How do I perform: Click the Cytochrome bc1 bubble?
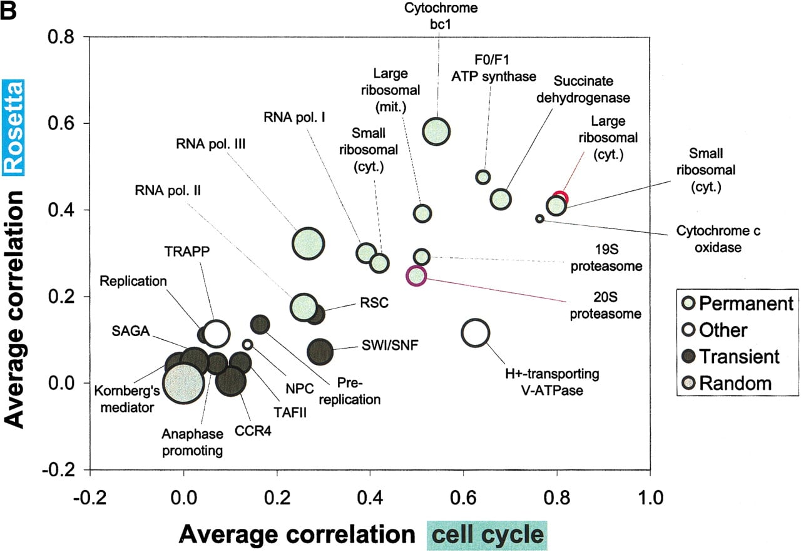point(436,131)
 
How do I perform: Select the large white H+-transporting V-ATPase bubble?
point(475,333)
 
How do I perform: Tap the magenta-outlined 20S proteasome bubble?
point(416,275)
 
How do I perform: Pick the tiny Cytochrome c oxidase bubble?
point(539,218)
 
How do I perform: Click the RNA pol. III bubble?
point(308,243)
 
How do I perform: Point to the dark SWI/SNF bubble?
point(320,352)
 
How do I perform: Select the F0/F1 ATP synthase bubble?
point(483,177)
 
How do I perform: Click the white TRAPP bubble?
point(216,334)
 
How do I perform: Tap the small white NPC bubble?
point(247,345)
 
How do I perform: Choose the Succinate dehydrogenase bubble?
point(501,199)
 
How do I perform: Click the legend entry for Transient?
point(730,357)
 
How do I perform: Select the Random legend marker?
point(688,383)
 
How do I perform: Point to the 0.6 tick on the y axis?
point(86,123)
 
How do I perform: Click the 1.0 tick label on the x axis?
point(650,498)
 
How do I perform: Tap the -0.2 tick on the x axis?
point(90,473)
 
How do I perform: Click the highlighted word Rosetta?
point(13,128)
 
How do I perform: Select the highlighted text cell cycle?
point(487,535)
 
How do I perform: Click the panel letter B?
point(9,11)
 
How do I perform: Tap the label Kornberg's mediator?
point(127,399)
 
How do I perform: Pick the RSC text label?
point(374,303)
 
